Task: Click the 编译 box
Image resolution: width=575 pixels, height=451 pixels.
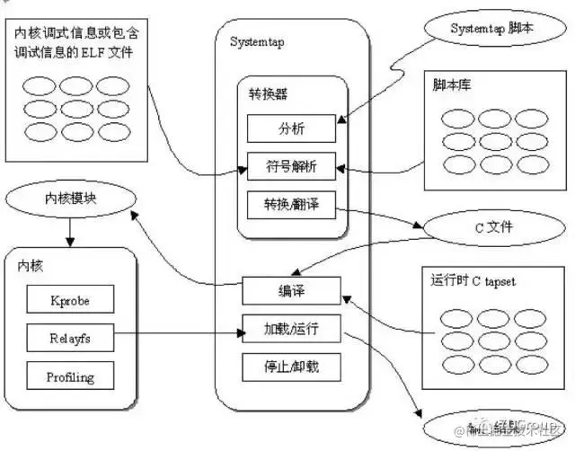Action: click(290, 291)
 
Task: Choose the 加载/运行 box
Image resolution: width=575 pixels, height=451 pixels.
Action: click(290, 329)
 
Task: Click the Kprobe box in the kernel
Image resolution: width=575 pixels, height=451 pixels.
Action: click(69, 299)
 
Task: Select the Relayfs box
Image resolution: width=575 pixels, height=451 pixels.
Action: click(69, 338)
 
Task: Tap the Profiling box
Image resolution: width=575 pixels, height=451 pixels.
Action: click(69, 376)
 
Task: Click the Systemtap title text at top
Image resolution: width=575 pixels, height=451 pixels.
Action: click(259, 42)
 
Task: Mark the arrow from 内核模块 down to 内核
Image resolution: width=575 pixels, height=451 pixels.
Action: click(69, 233)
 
